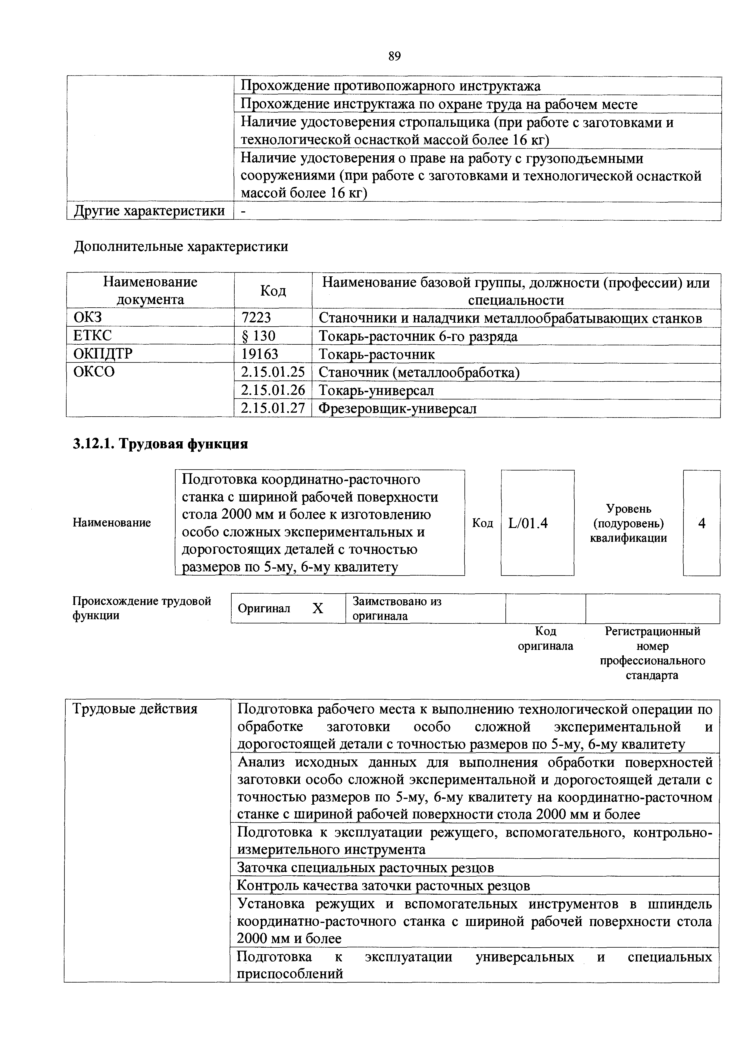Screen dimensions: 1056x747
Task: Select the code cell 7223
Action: click(x=256, y=318)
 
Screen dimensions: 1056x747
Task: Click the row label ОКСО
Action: click(x=94, y=372)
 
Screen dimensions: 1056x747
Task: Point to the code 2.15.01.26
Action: click(x=273, y=390)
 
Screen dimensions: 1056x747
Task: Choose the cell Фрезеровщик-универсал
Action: click(x=398, y=408)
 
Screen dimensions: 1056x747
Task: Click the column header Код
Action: click(x=273, y=291)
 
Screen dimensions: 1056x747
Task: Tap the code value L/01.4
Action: click(x=528, y=523)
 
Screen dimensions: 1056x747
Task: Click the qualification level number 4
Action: click(x=702, y=523)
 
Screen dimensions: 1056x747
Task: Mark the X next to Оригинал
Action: click(x=317, y=608)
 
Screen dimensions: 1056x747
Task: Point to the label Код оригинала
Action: click(x=545, y=638)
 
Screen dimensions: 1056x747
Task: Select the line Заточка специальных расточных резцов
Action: click(x=365, y=868)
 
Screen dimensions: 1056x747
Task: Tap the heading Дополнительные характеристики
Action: click(x=181, y=247)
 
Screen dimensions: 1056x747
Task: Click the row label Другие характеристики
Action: click(x=149, y=211)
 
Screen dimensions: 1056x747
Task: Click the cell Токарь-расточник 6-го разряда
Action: click(x=418, y=336)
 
